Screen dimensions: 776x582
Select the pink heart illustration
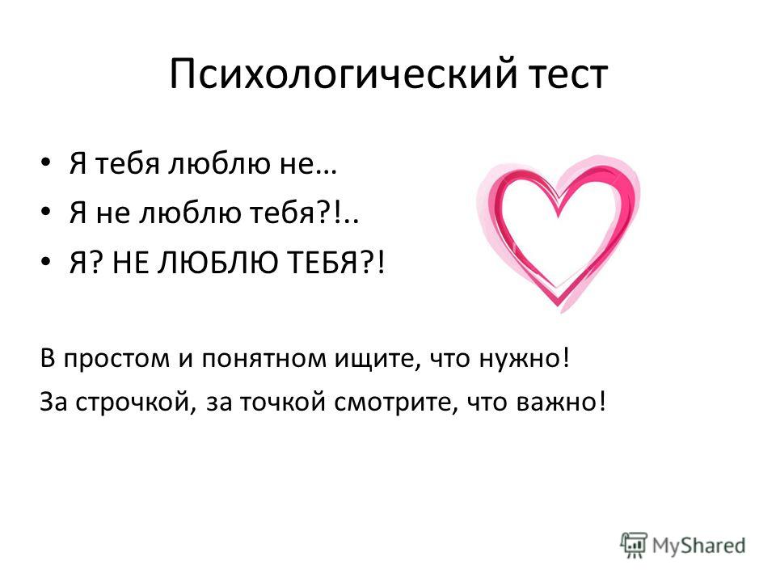coord(559,233)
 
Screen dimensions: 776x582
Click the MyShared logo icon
coord(634,545)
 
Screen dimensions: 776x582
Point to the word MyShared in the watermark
coord(698,546)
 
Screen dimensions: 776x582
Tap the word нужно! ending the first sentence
coord(525,359)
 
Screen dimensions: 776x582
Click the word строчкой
coord(133,402)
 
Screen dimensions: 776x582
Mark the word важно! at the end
coord(561,402)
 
